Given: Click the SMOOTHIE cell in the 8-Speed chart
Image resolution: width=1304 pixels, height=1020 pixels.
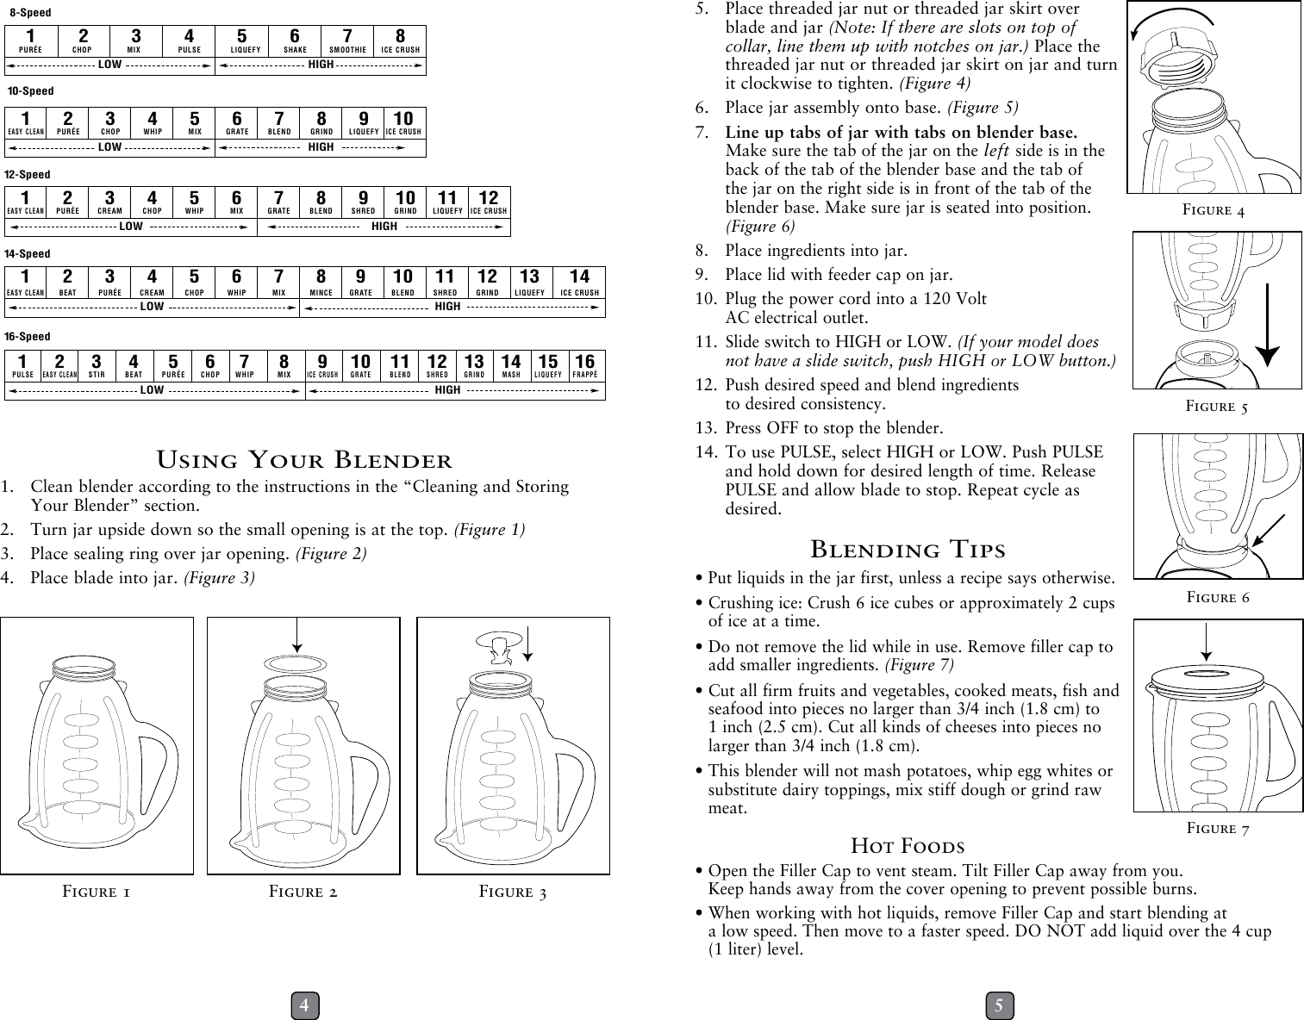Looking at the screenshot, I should (x=347, y=41).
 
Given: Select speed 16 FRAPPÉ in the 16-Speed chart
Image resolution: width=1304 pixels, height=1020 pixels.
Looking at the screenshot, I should (x=585, y=366).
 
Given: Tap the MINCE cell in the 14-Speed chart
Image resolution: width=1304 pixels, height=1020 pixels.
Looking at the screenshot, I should (x=321, y=283).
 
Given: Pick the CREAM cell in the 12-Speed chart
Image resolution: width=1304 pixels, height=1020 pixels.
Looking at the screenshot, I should (x=109, y=202).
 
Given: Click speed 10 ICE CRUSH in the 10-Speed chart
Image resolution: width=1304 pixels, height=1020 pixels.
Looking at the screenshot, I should (x=403, y=123).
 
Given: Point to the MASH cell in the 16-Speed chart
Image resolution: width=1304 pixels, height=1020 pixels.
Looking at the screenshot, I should (x=511, y=366).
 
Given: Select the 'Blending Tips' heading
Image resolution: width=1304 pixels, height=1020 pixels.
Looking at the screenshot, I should (x=908, y=549).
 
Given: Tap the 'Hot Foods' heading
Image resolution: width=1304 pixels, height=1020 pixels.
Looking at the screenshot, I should (x=908, y=845).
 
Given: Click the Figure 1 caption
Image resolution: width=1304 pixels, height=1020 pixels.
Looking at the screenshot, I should (x=97, y=892).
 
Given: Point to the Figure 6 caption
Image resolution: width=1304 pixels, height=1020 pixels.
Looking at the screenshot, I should (x=1217, y=597).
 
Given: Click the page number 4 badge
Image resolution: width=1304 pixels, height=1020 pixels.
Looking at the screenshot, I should (x=304, y=1005).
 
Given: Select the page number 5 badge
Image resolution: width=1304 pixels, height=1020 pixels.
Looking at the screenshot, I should (x=999, y=1005).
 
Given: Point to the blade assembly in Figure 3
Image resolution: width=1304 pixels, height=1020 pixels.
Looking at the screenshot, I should (x=495, y=648).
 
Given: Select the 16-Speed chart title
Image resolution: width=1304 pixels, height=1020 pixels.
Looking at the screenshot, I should (x=28, y=336).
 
